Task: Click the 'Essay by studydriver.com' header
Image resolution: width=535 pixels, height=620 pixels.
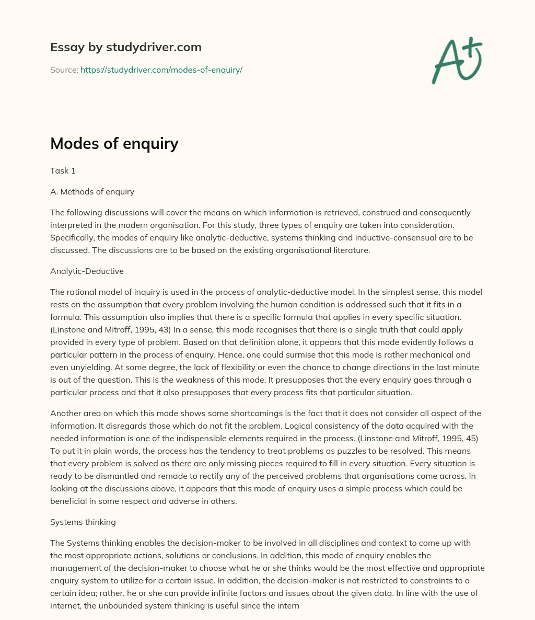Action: [x=125, y=47]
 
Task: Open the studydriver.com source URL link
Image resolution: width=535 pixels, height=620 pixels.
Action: [x=161, y=70]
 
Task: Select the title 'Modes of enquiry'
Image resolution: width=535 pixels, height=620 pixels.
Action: [x=114, y=143]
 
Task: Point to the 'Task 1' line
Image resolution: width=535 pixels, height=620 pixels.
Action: [x=63, y=170]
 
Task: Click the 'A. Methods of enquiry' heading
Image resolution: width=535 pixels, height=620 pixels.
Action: [x=92, y=191]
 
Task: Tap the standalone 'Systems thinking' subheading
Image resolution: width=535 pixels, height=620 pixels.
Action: [x=83, y=522]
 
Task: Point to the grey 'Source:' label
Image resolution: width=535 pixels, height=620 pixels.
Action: [x=64, y=70]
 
